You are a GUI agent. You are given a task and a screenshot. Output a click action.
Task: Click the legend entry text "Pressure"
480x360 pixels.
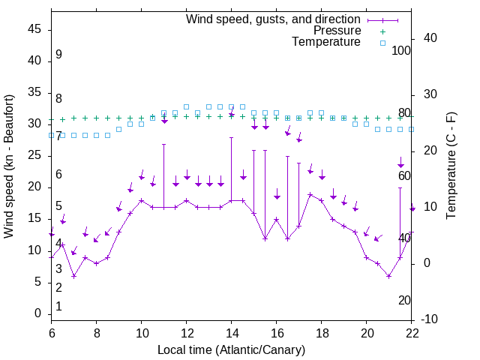337,31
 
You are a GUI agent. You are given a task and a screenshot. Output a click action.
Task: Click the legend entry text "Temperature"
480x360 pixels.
326,42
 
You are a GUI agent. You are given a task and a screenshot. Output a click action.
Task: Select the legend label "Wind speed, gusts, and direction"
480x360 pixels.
274,19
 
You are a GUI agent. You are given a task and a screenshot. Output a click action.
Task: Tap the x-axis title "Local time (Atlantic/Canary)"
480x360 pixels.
232,349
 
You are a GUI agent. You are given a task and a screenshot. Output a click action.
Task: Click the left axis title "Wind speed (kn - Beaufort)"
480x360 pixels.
9,166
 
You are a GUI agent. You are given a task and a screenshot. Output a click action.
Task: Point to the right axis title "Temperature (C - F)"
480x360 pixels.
451,166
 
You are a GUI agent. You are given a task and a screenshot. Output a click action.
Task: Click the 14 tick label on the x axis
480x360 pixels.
232,333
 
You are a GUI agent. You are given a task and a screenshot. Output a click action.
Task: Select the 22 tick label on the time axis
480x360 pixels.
412,333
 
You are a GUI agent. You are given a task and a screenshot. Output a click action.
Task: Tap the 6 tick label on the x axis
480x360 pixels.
52,333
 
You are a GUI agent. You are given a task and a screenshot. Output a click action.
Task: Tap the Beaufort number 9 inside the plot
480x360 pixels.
58,55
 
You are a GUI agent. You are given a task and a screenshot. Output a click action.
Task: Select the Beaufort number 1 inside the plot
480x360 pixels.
58,307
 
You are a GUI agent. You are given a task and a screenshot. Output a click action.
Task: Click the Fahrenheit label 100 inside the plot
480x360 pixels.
401,50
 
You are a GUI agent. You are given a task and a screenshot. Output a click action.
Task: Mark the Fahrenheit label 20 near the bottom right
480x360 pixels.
404,301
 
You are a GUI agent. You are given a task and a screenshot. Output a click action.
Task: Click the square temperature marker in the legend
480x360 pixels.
382,43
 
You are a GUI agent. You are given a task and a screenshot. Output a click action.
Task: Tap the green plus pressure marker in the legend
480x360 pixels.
382,31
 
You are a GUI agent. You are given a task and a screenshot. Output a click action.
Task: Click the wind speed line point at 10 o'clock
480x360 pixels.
142,200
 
